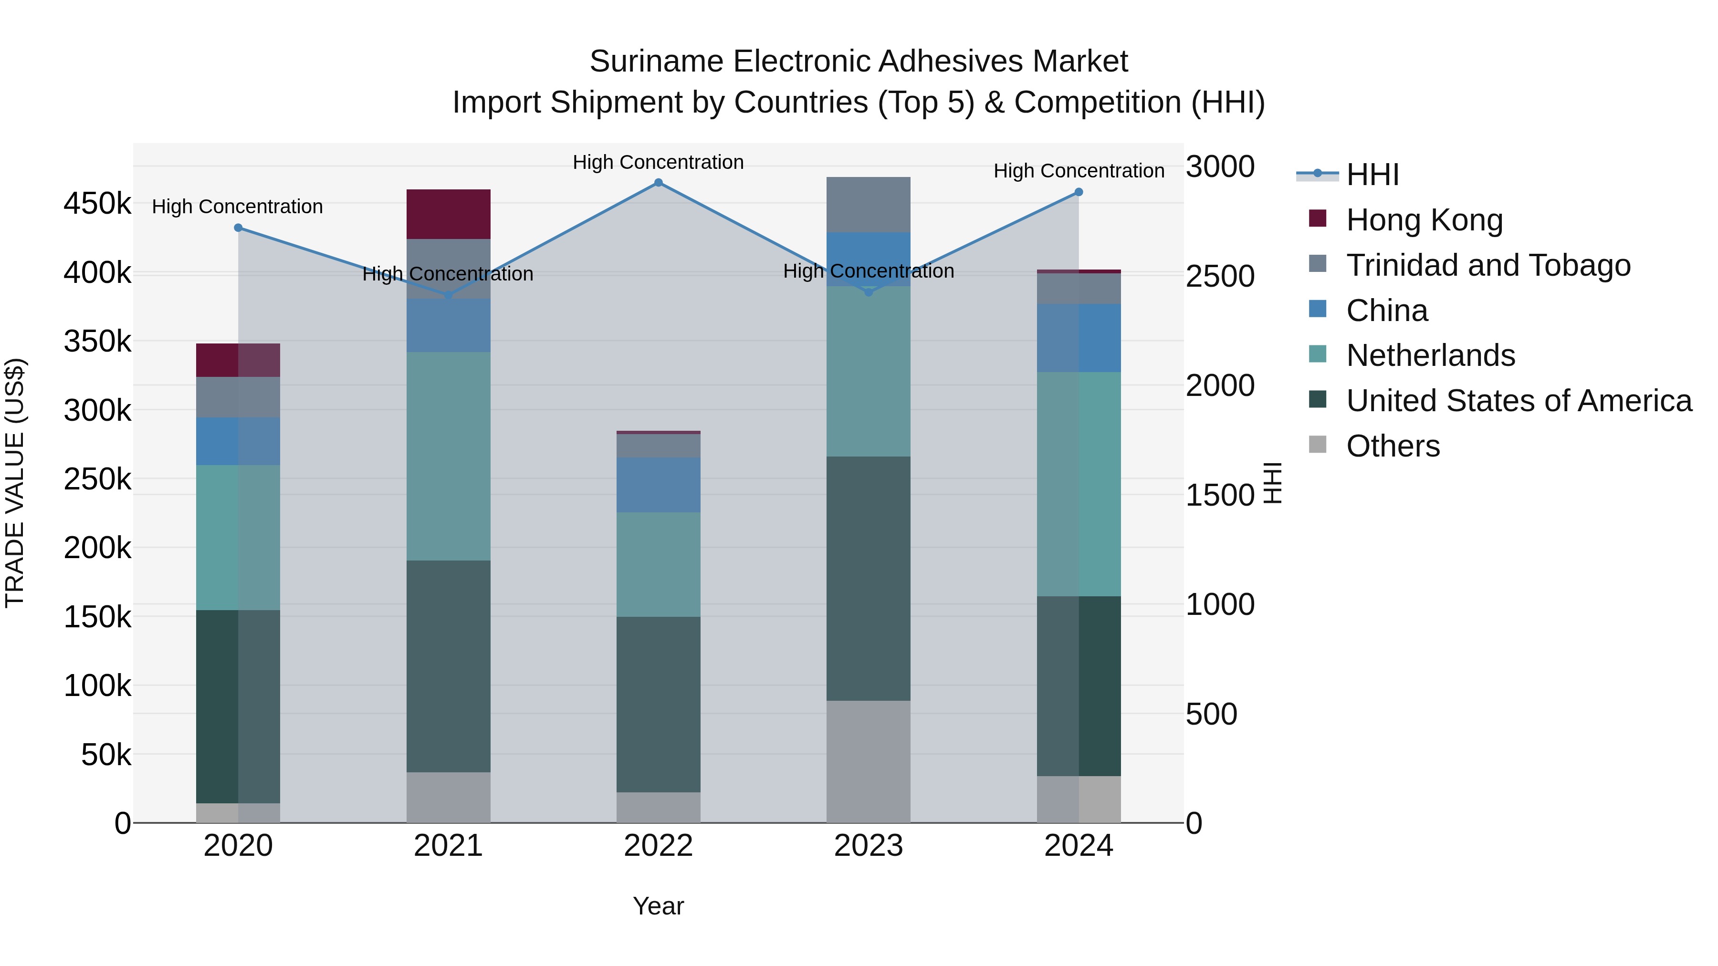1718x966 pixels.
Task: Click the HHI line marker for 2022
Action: click(658, 183)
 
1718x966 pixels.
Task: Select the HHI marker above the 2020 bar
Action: click(238, 228)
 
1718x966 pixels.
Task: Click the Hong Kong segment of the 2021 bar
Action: click(448, 214)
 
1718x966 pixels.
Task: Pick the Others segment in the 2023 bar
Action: click(869, 761)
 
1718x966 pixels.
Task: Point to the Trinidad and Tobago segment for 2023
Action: click(869, 205)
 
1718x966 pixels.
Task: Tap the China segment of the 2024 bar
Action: click(1079, 338)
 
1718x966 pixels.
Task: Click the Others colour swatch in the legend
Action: click(1318, 445)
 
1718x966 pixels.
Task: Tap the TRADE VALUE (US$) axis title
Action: click(15, 483)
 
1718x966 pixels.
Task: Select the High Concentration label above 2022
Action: click(658, 163)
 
